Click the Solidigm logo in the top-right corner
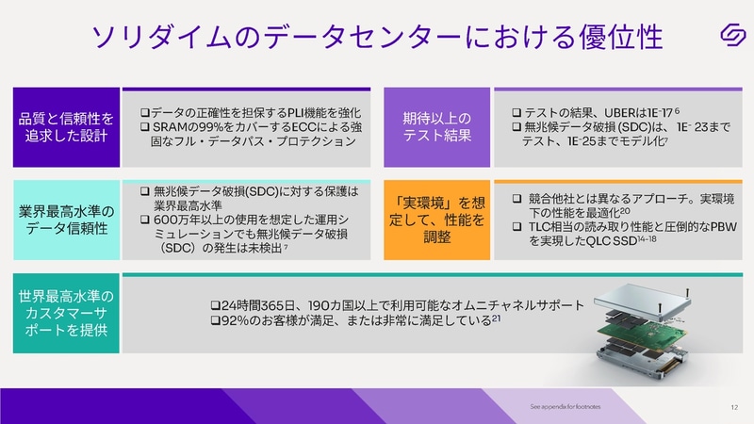coord(727,36)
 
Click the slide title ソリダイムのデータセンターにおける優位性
coord(376,37)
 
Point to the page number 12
coord(733,407)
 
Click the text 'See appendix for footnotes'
coord(565,407)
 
